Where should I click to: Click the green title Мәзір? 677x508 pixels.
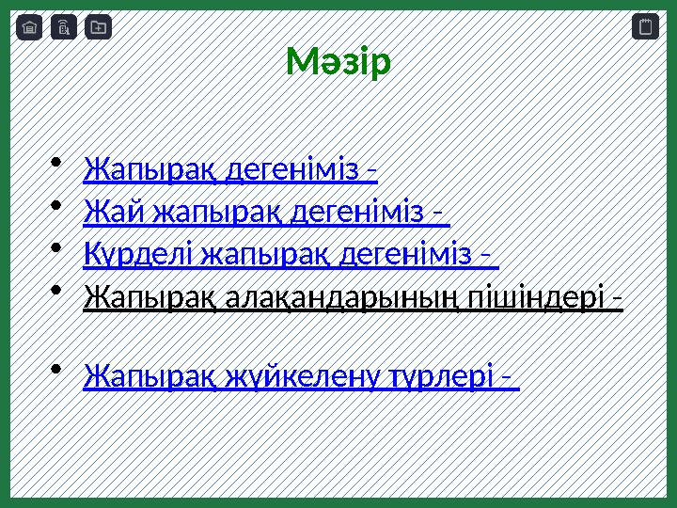[338, 63]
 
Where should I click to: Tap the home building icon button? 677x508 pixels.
[29, 27]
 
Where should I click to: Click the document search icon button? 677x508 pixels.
[63, 27]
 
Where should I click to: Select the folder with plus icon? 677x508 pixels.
[98, 27]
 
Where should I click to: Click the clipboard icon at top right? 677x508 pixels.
[645, 27]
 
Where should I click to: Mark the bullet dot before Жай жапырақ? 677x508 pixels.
[57, 205]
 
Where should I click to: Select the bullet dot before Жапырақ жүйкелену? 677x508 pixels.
[57, 368]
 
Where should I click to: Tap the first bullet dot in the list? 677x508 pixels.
[57, 163]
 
